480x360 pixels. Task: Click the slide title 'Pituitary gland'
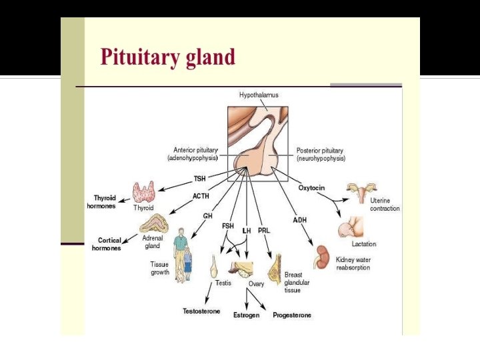click(167, 57)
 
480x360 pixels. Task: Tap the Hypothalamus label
click(259, 95)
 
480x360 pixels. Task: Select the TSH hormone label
click(199, 179)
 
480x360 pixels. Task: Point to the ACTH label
click(201, 196)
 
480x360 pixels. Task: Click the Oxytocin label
click(311, 188)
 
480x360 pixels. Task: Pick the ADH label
click(300, 220)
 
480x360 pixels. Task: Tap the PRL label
click(264, 230)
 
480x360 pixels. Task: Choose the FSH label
click(228, 226)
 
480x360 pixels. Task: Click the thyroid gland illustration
click(144, 192)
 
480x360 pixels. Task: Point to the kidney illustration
click(323, 256)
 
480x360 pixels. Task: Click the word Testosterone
click(201, 311)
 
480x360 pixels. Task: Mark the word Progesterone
click(292, 315)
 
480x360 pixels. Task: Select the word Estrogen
click(246, 315)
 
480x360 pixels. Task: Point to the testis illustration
click(215, 266)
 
